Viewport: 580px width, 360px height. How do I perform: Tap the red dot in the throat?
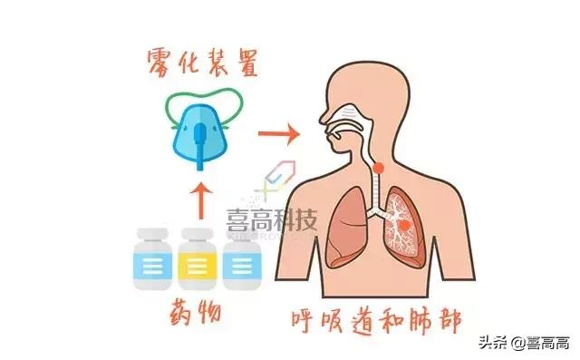[377, 167]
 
